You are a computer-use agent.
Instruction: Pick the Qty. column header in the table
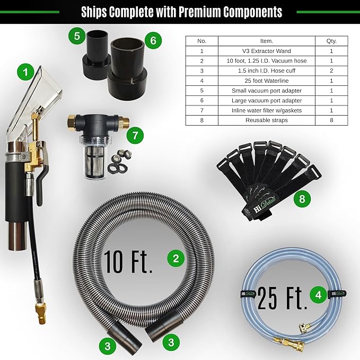331,41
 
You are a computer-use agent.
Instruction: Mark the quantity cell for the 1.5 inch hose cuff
331,71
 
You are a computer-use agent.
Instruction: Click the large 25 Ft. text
282,298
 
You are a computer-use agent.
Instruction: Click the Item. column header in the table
267,41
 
